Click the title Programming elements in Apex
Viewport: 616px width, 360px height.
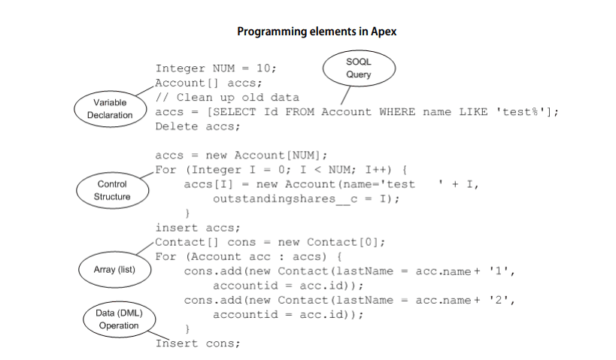[x=317, y=32]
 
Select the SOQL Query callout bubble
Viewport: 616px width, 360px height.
[x=359, y=68]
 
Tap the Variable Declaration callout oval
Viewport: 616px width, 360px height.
[x=110, y=108]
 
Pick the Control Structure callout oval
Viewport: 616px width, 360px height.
[x=112, y=190]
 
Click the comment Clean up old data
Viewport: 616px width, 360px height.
[x=238, y=98]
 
